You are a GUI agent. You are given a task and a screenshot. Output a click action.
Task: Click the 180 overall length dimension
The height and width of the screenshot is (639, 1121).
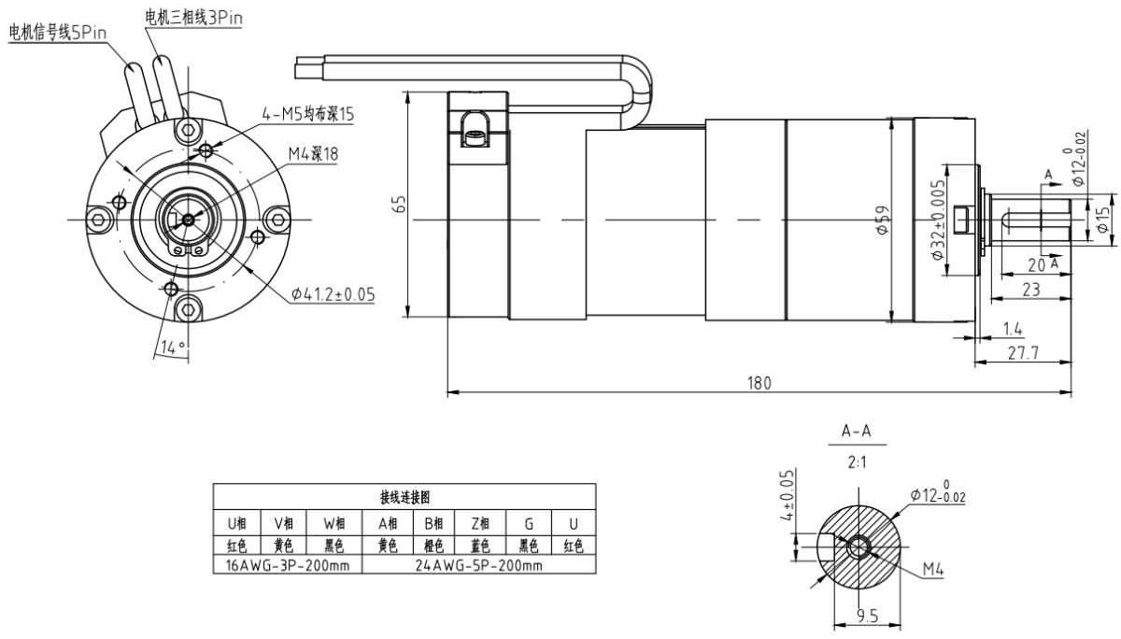coord(759,383)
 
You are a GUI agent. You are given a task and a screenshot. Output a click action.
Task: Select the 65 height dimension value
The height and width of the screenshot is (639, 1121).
coord(399,205)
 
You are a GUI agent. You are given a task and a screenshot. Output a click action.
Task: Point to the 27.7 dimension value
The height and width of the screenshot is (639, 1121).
coord(1021,351)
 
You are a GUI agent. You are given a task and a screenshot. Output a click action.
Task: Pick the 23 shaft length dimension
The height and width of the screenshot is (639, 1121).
coord(1030,290)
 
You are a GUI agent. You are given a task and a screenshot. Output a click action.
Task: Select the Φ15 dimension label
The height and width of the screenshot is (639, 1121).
coord(1103,220)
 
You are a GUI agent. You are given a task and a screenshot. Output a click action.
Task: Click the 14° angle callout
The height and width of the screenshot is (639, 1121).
coord(169,347)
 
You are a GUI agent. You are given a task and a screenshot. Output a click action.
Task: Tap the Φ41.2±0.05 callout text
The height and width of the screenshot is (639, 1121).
coord(333,293)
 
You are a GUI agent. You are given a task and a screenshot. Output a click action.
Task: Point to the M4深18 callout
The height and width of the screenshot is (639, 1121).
coord(313,151)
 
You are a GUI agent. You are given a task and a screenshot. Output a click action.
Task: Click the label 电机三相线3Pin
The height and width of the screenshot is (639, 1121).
coord(194,15)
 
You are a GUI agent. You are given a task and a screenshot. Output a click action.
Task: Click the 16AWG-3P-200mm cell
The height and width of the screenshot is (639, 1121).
coord(287,565)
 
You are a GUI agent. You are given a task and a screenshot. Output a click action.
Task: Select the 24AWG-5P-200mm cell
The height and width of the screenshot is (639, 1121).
coord(479,565)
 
